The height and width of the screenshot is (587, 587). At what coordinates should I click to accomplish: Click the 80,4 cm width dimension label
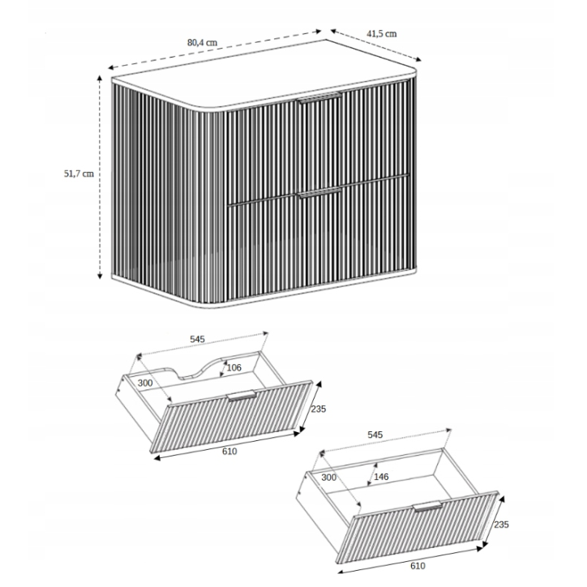[202, 43]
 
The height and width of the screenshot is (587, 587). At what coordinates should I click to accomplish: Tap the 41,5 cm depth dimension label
[381, 33]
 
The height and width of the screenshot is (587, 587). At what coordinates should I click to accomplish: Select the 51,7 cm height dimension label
[78, 174]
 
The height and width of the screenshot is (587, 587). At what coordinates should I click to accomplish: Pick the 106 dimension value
[234, 367]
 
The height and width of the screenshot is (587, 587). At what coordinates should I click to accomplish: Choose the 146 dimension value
[381, 476]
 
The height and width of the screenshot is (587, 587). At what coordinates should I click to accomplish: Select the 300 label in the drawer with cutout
[145, 382]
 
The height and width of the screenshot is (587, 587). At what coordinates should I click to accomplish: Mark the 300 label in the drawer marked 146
[328, 478]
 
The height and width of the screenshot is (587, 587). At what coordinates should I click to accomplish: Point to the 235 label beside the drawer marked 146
[502, 525]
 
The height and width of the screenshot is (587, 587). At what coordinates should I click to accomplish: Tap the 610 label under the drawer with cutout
[229, 451]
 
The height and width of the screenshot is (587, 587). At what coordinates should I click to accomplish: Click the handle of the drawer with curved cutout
[242, 396]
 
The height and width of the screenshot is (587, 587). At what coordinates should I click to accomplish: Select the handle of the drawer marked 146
[426, 508]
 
